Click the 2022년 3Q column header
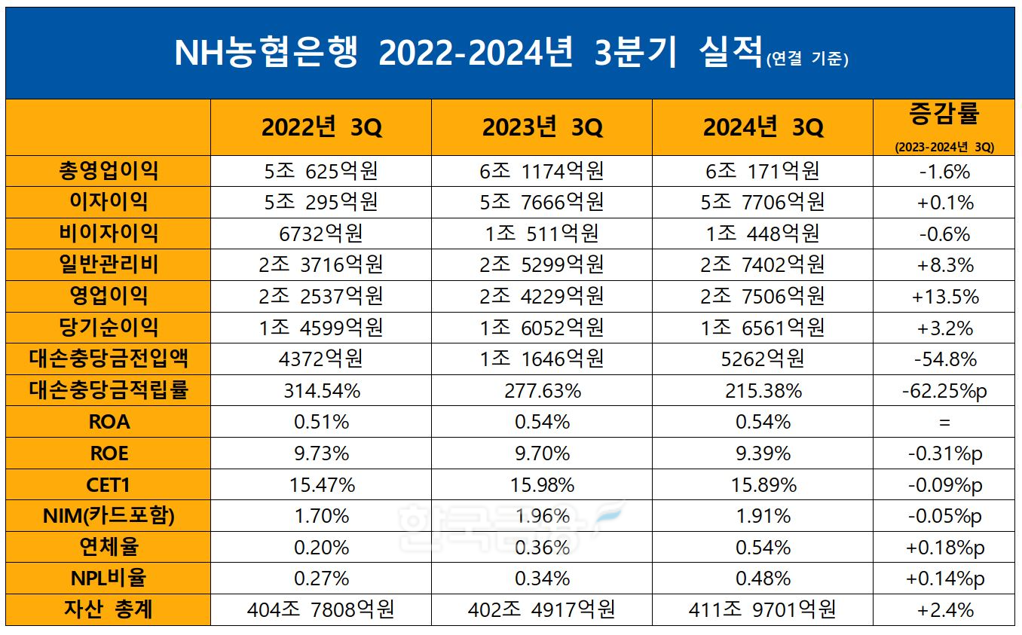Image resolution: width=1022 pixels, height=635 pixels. (x=321, y=127)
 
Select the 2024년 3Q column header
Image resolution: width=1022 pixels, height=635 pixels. (x=763, y=127)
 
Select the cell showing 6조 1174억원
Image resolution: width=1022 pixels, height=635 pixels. (x=542, y=172)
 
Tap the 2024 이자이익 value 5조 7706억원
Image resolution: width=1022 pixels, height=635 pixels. (x=763, y=203)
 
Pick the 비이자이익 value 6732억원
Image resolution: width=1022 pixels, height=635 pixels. (x=321, y=234)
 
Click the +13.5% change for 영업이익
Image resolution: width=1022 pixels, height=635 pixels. (x=944, y=297)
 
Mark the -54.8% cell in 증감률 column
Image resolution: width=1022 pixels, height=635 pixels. (x=944, y=359)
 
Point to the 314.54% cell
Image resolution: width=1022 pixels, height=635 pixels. (x=321, y=391)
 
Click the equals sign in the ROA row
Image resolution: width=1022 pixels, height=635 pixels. (x=944, y=423)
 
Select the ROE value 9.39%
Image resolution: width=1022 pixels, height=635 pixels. (x=763, y=453)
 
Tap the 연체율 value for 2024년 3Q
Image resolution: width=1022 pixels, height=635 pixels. (x=763, y=548)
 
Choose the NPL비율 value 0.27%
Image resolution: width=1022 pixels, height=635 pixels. (x=321, y=579)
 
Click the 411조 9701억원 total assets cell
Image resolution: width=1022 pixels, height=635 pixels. (x=763, y=609)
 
